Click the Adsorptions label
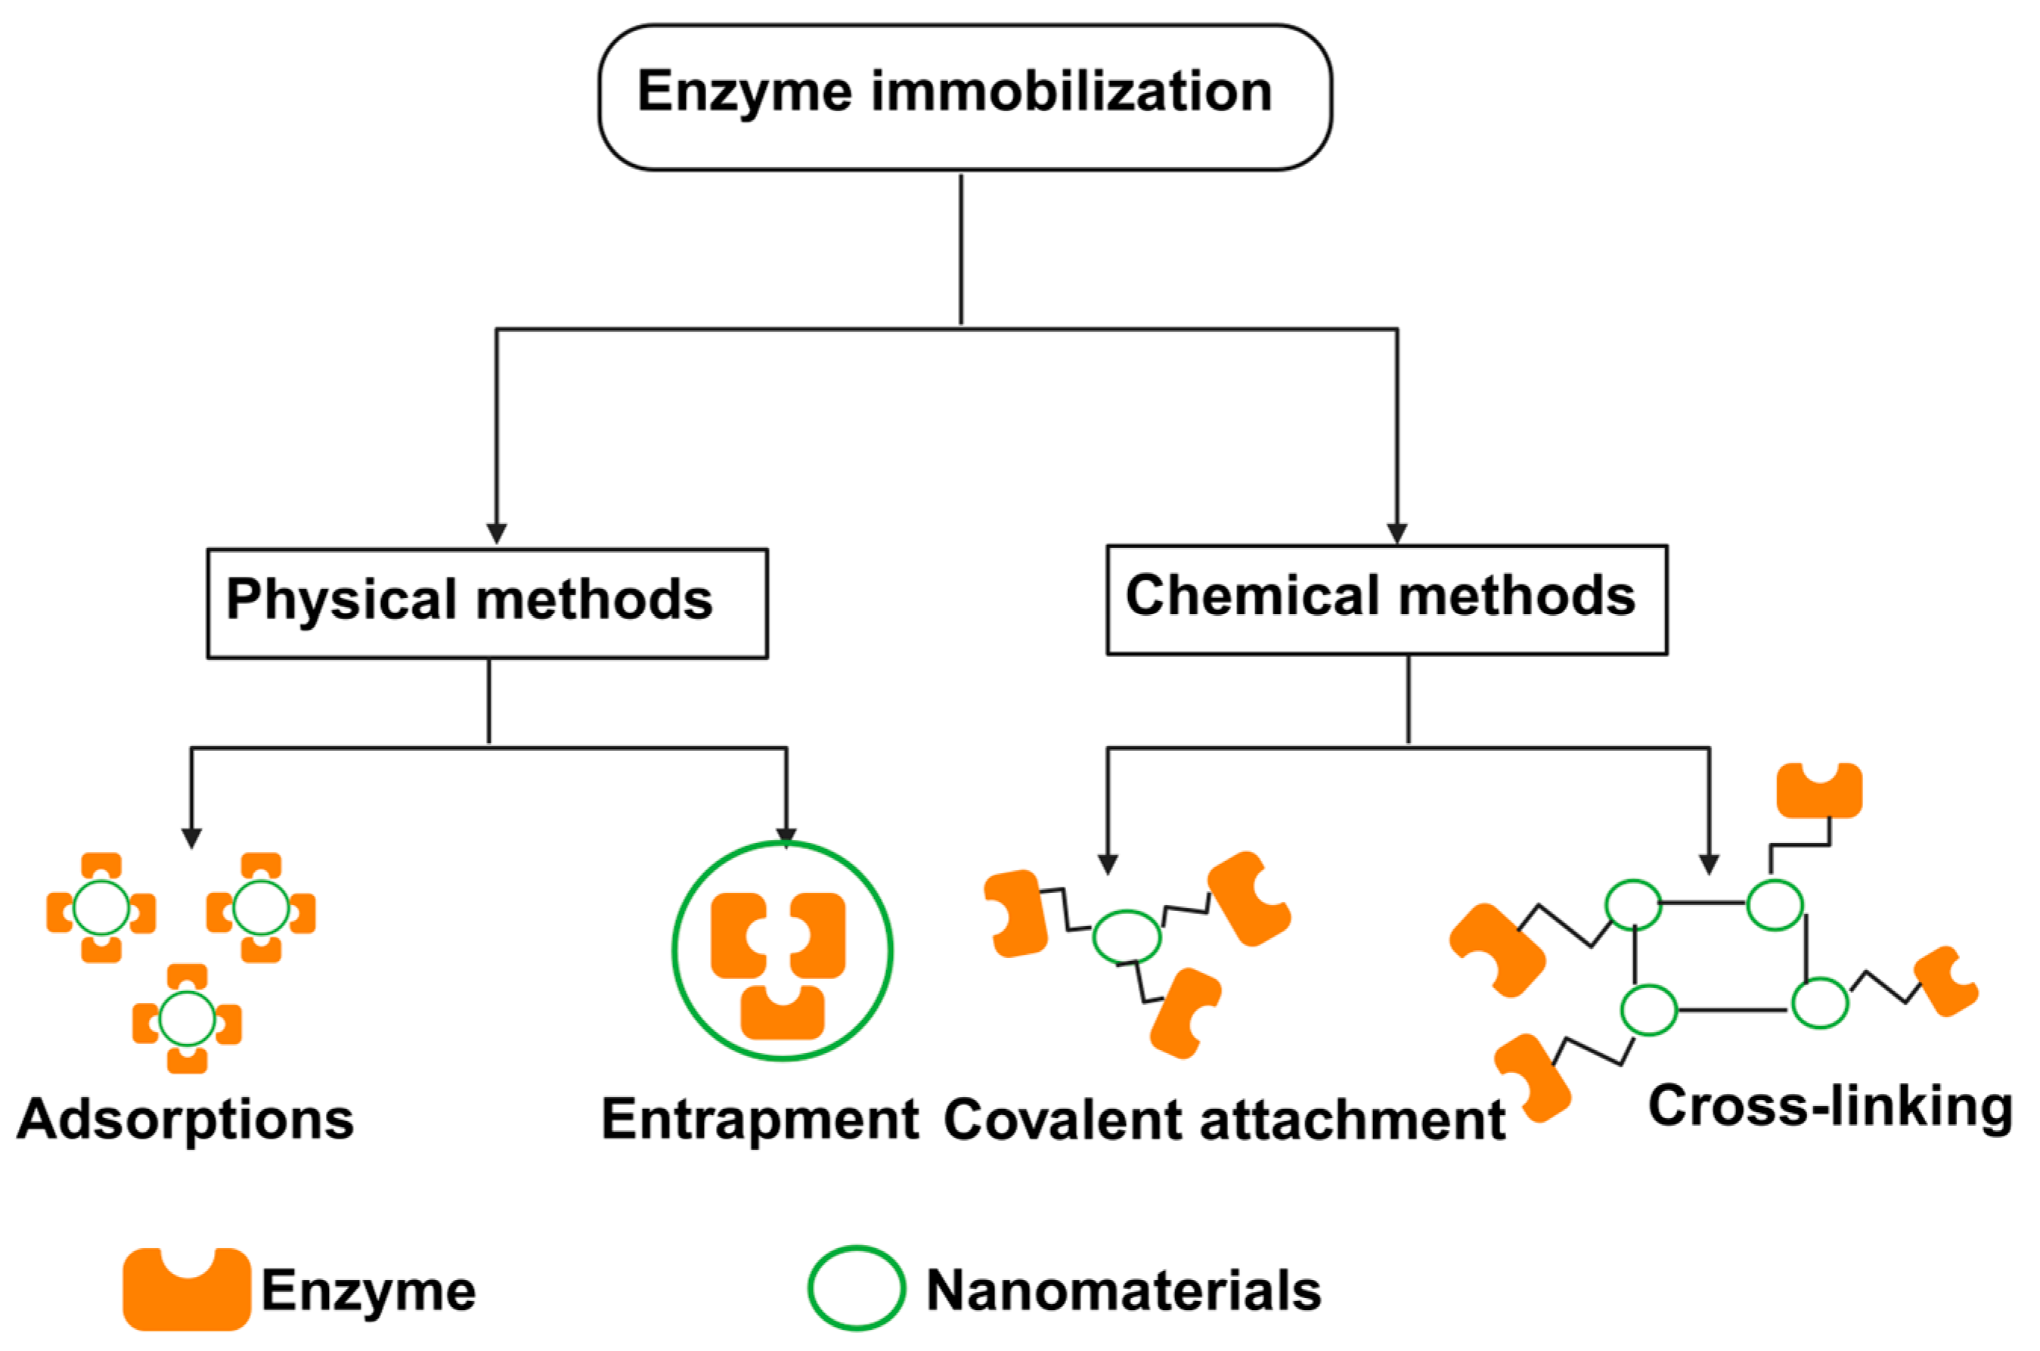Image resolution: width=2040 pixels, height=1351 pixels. coord(185,1121)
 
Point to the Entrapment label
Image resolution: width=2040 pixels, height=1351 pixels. coord(760,1121)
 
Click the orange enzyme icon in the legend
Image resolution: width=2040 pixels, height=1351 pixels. coord(187,1288)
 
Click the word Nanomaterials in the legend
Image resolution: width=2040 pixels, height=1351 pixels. coord(1124,1291)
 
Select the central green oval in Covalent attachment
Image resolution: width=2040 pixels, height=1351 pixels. coord(1126,937)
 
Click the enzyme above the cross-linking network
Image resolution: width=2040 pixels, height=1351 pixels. coord(1819,789)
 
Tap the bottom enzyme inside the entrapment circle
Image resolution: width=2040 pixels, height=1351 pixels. coord(783,1012)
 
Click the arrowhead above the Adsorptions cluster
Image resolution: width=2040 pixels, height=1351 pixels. coord(191,838)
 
